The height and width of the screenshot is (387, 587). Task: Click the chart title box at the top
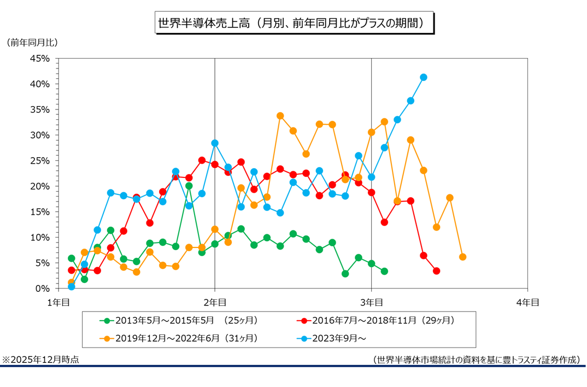(295, 24)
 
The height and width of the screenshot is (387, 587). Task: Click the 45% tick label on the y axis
(41, 59)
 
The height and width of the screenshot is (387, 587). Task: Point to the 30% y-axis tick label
(41, 135)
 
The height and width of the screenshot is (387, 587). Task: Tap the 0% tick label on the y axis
(44, 288)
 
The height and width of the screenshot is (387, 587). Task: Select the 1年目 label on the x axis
(58, 302)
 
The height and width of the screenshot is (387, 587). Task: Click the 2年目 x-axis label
(215, 302)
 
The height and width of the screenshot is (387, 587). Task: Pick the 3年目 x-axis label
(371, 302)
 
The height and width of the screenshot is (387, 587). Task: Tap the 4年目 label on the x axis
(527, 302)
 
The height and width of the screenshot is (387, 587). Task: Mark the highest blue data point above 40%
(424, 77)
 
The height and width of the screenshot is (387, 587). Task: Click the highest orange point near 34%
(280, 116)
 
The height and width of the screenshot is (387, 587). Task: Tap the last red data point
(436, 271)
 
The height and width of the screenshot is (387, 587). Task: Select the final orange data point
(462, 257)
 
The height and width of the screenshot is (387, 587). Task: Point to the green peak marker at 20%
(189, 186)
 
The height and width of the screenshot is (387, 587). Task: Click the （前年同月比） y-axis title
(32, 42)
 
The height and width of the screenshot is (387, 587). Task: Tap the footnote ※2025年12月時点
(40, 360)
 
